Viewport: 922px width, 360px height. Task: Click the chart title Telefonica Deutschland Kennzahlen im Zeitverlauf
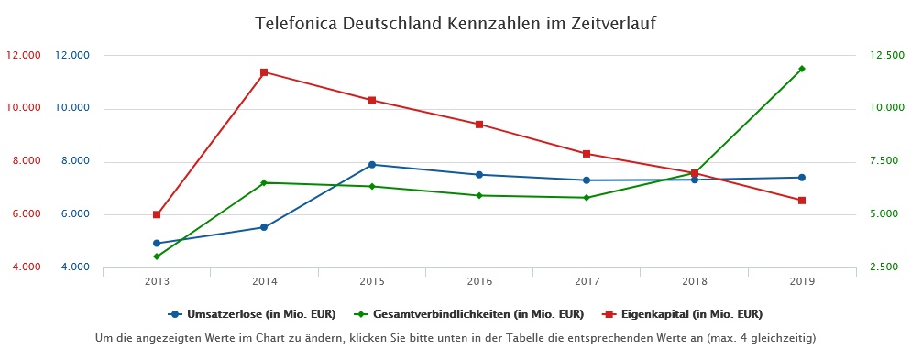(x=456, y=22)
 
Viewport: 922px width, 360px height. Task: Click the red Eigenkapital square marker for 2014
(x=264, y=72)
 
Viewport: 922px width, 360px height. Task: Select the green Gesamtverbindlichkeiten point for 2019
(x=801, y=69)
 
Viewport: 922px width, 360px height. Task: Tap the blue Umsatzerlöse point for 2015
(x=371, y=165)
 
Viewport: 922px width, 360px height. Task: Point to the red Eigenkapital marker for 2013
(x=157, y=214)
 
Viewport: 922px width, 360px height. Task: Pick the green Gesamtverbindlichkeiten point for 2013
(x=157, y=256)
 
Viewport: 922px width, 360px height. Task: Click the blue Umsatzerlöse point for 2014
(x=264, y=227)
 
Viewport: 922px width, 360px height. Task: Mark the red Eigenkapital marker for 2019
(x=801, y=201)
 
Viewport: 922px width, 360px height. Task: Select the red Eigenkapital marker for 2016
(x=478, y=125)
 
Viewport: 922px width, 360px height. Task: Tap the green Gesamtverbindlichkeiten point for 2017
(x=587, y=198)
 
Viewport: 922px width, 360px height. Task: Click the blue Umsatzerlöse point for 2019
(x=801, y=178)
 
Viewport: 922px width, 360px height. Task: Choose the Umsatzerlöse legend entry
(x=253, y=314)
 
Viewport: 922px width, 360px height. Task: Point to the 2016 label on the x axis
(x=478, y=281)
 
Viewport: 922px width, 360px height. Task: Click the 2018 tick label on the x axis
(x=694, y=281)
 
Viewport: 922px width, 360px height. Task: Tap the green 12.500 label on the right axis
(x=878, y=56)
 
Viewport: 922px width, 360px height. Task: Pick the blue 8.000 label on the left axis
(x=72, y=161)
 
